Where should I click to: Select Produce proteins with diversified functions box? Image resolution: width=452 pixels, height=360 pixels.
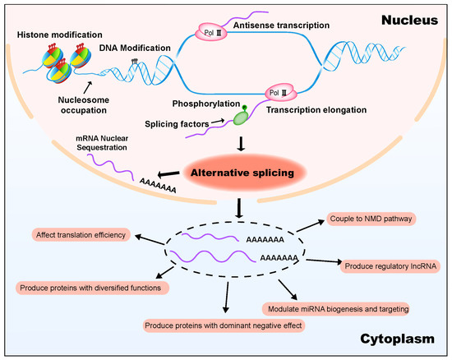(x=92, y=288)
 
